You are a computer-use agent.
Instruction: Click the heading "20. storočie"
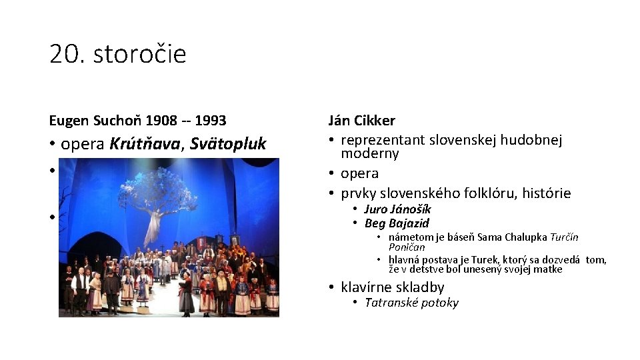tap(117, 54)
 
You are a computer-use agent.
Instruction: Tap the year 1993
tap(209, 121)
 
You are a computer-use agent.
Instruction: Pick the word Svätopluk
tap(228, 144)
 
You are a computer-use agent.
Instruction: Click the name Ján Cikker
tap(361, 121)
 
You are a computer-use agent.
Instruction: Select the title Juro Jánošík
tap(397, 209)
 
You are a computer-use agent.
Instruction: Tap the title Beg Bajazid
tap(397, 223)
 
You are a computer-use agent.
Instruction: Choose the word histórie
tap(546, 193)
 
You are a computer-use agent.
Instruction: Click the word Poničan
tap(407, 247)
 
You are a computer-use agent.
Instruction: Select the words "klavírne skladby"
tap(392, 287)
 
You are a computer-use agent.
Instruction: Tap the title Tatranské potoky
tap(411, 303)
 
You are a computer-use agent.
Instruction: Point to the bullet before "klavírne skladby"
tap(331, 287)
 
